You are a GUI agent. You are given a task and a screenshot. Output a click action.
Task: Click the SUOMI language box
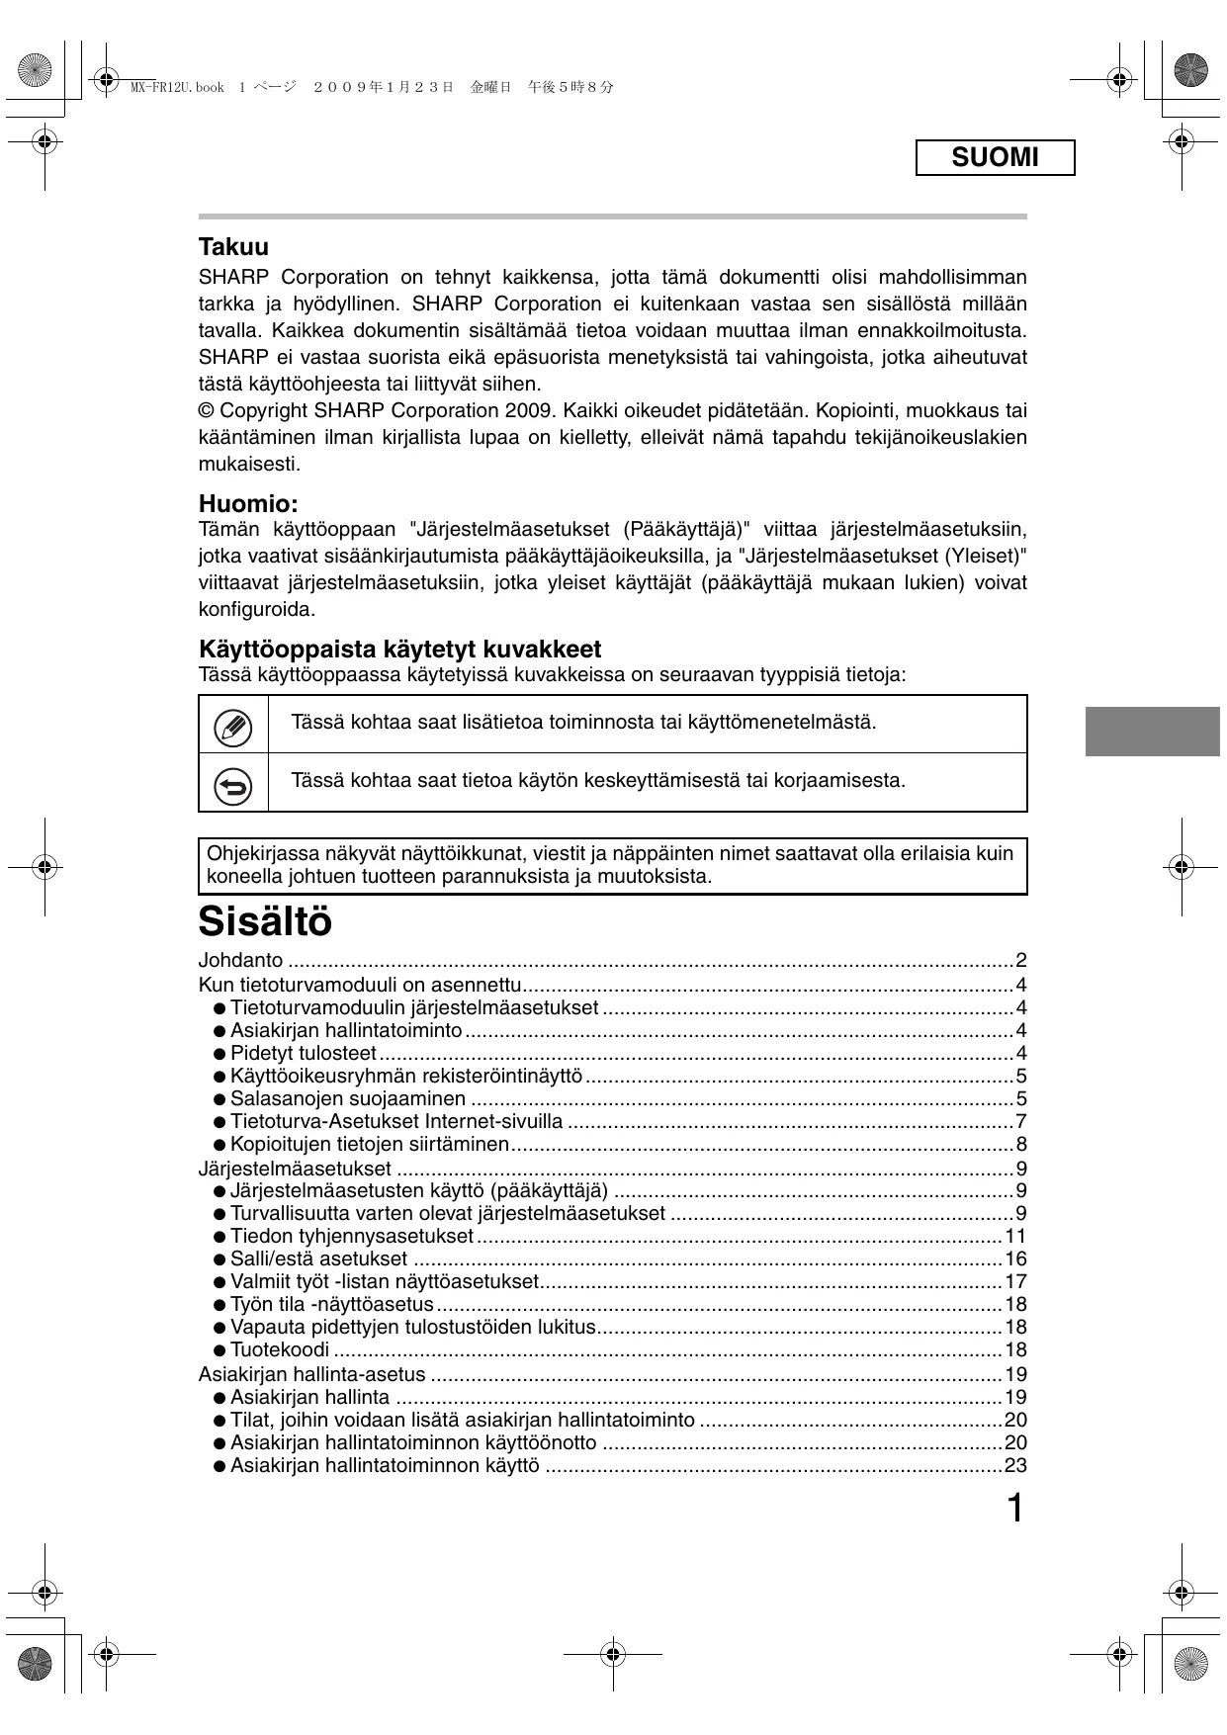coord(995,158)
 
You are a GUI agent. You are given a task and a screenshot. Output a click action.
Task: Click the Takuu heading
coord(233,246)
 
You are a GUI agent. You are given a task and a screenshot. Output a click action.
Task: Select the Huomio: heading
coord(248,503)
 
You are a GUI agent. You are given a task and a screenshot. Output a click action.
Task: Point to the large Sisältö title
coord(265,921)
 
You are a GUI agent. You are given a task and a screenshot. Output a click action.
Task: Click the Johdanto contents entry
coord(240,960)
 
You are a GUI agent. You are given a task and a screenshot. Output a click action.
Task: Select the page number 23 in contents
coord(1015,1465)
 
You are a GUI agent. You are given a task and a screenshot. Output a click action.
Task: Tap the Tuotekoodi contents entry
coord(280,1349)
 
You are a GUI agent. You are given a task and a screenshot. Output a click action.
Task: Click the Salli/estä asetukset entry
coord(318,1258)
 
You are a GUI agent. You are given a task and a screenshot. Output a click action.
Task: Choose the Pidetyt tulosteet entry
coord(304,1053)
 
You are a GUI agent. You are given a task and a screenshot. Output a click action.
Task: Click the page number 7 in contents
coord(1021,1121)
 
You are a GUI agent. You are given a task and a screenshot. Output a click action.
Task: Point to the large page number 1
coord(1014,1509)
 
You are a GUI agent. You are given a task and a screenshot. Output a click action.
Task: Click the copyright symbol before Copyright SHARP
coord(207,410)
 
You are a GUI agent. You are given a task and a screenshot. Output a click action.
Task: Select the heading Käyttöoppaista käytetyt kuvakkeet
coord(399,650)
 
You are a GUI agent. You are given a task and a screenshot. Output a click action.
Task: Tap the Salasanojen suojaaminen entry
coord(348,1098)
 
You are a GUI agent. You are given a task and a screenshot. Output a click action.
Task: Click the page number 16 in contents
coord(1015,1258)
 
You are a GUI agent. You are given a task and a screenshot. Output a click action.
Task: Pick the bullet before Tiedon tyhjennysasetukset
coord(219,1237)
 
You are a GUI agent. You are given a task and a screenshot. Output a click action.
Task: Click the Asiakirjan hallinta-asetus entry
coord(311,1374)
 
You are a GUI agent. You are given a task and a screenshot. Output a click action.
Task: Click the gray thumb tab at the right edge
coord(1152,732)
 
